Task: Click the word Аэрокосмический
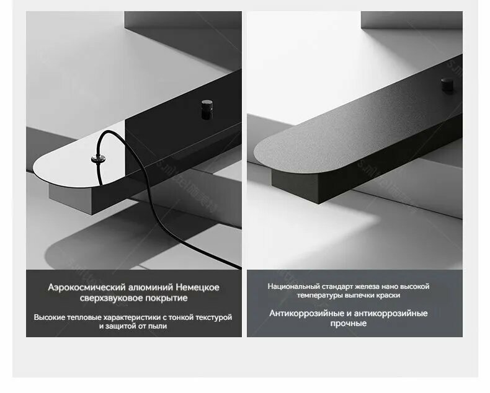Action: click(x=87, y=288)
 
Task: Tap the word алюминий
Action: click(x=151, y=287)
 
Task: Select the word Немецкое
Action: click(x=197, y=287)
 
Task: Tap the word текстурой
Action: click(x=214, y=317)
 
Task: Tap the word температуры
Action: click(x=316, y=295)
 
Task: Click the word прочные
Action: click(x=349, y=324)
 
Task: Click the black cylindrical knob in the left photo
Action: click(x=207, y=109)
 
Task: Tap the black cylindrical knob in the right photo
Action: click(x=447, y=85)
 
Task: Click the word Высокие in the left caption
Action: click(x=50, y=317)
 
